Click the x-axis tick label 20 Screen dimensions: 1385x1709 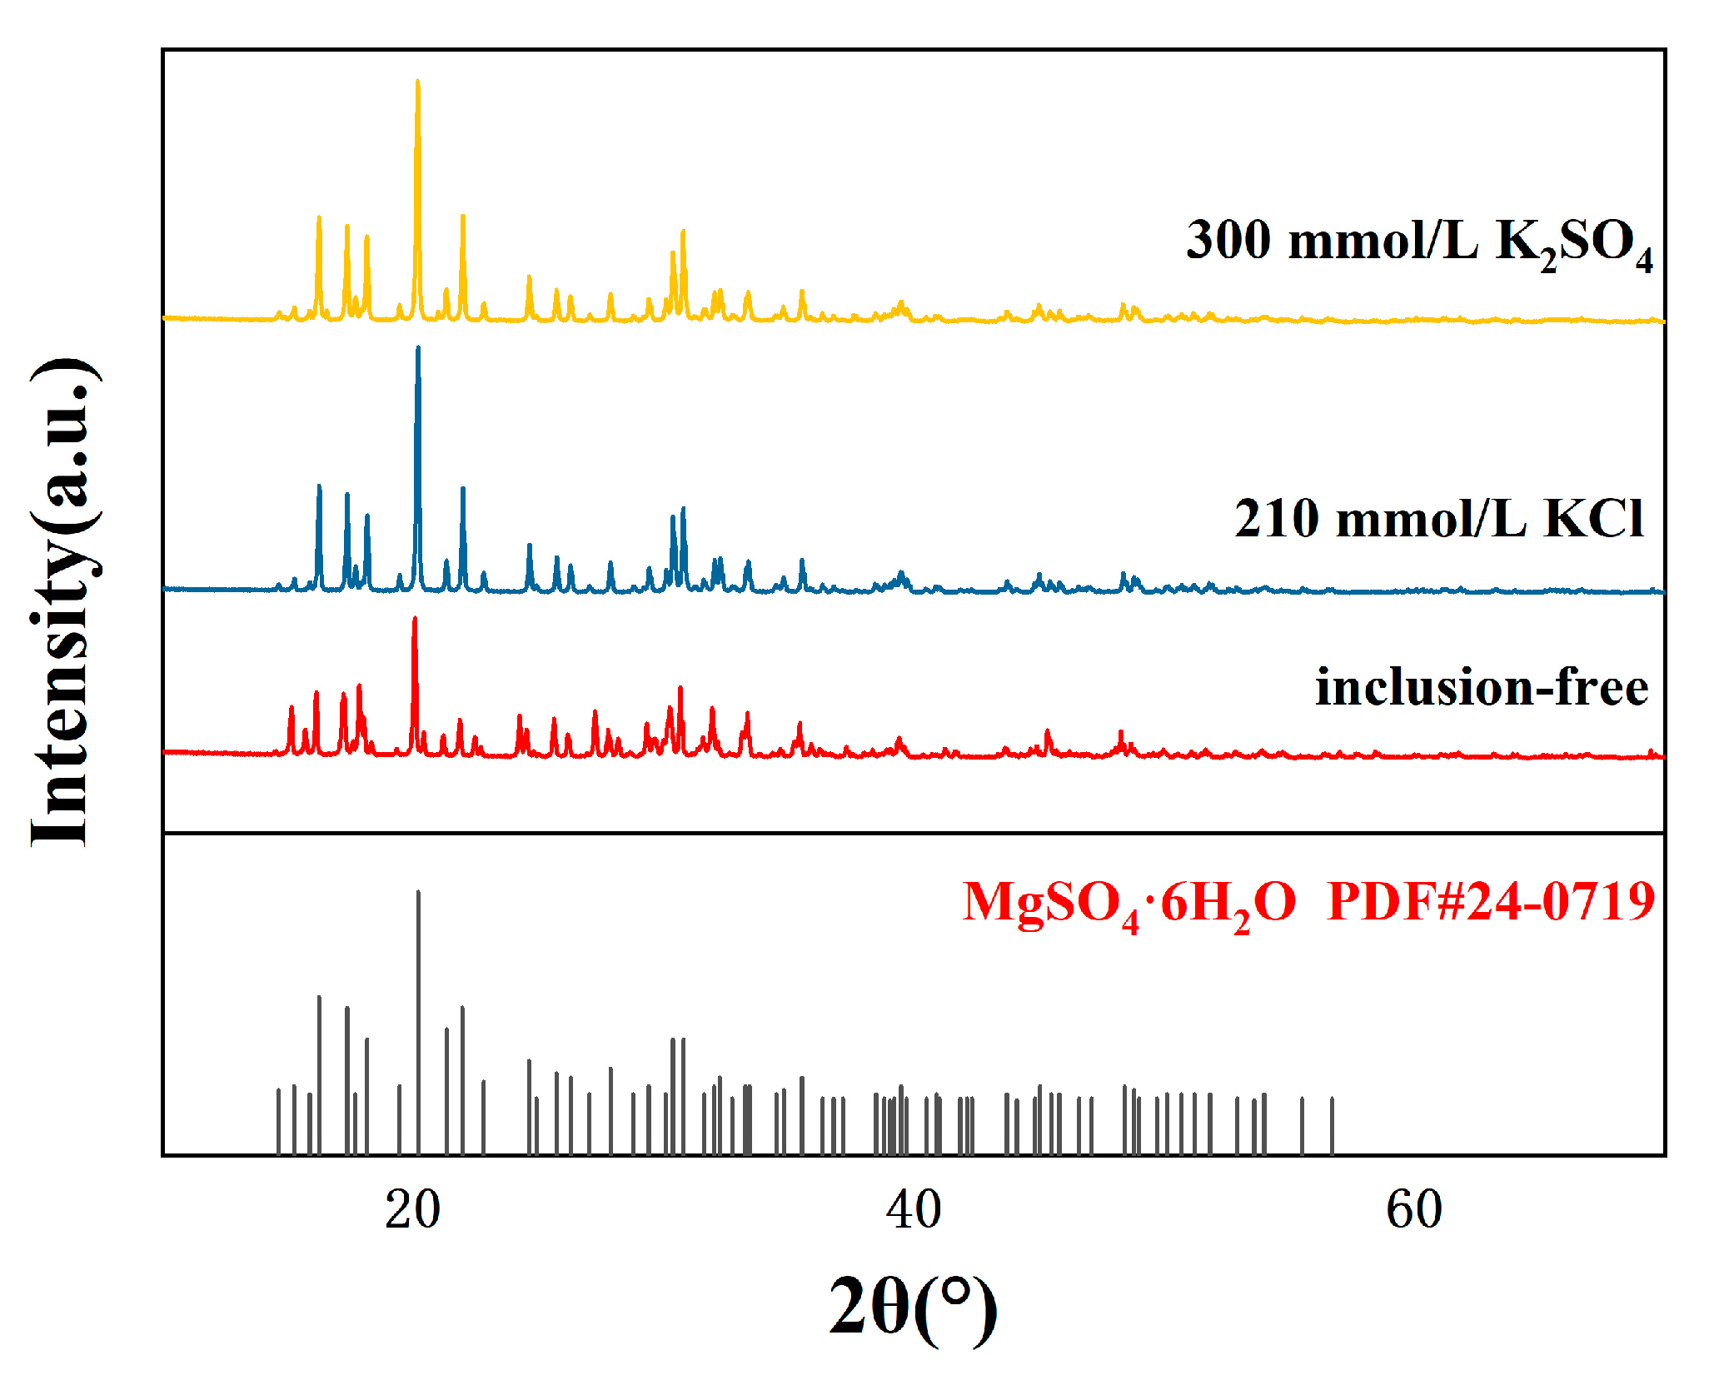(412, 1209)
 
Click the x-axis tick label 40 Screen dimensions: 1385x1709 (914, 1209)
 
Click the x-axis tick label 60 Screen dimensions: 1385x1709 (1414, 1209)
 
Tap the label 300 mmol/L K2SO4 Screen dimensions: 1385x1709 (1418, 242)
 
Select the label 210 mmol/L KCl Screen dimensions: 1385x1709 (1438, 520)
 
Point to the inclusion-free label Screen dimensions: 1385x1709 (1481, 689)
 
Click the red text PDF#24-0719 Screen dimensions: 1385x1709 (1490, 902)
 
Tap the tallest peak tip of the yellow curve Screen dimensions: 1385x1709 (418, 82)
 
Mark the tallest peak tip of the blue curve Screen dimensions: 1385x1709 (418, 348)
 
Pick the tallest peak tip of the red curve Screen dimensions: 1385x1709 (415, 619)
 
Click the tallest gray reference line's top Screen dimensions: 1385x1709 (418, 893)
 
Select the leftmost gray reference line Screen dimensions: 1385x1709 (278, 1121)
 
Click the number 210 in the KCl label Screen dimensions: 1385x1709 (1277, 520)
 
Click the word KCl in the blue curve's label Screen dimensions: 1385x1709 (1593, 520)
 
